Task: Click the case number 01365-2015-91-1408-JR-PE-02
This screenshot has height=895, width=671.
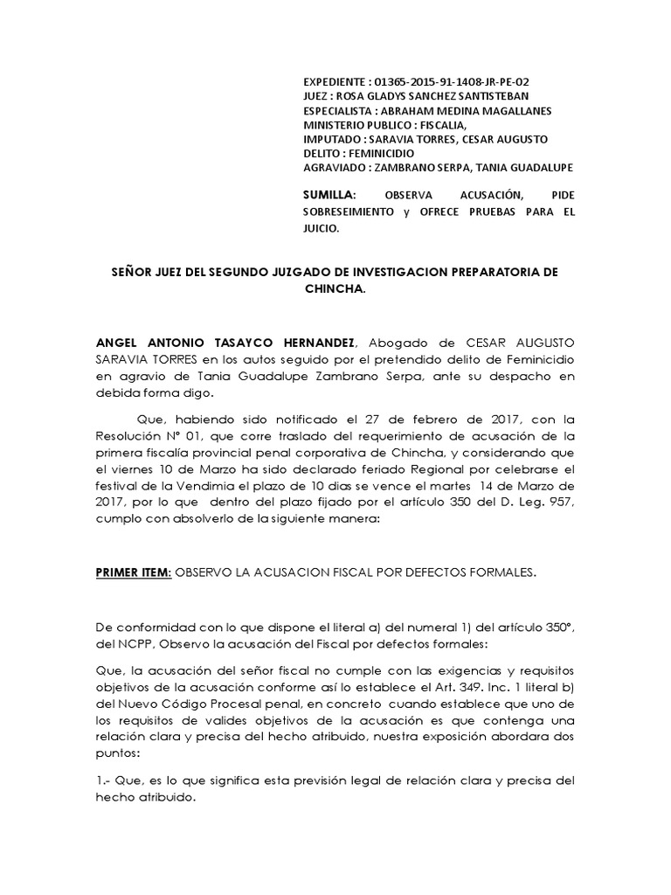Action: click(454, 82)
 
